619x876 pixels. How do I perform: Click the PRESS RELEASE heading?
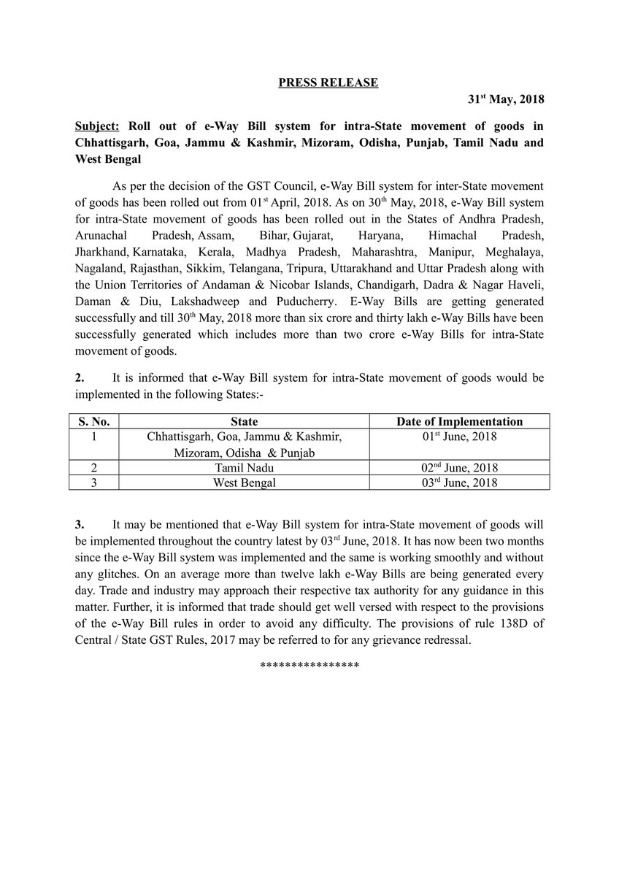[328, 83]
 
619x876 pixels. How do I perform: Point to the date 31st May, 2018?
[505, 99]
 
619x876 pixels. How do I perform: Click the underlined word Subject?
[97, 125]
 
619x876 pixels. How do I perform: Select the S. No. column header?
[94, 422]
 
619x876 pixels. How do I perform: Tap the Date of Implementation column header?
[459, 422]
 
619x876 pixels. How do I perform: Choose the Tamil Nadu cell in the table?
[244, 468]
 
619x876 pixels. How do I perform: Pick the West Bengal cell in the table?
[244, 483]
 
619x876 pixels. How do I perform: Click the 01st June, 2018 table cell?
[459, 437]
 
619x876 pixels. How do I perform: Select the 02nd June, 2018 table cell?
[459, 468]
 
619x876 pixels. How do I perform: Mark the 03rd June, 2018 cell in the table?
[459, 483]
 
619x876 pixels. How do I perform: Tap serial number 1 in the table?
[94, 437]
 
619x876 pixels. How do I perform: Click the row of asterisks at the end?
[309, 666]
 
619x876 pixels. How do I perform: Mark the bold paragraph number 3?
[80, 525]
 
